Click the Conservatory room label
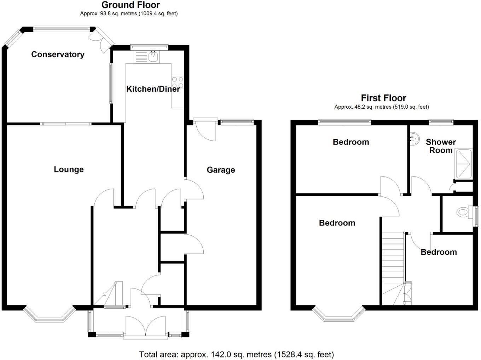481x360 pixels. tap(58, 55)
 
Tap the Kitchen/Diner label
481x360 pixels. tap(153, 89)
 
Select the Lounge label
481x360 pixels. tap(69, 170)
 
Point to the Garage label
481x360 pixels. tap(221, 170)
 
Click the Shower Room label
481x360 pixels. tap(441, 146)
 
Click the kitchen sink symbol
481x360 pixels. tap(153, 56)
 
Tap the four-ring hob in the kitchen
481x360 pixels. tap(178, 83)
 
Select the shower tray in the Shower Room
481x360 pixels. tap(464, 164)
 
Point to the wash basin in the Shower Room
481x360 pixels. tap(413, 138)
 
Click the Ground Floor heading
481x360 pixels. tap(131, 5)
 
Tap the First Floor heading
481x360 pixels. tap(383, 98)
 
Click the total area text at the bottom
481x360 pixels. tap(236, 354)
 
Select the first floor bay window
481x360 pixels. tap(338, 315)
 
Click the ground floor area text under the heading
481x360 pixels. tap(129, 14)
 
